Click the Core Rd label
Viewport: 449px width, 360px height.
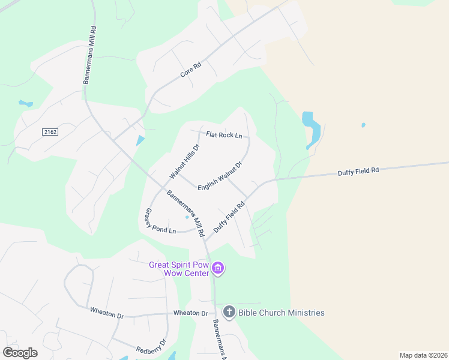[190, 71]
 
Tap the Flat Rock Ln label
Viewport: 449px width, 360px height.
[224, 135]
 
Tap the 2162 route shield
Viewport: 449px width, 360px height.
[50, 131]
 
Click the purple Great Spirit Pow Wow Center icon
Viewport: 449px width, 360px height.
[218, 268]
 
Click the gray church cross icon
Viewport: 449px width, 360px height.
[229, 312]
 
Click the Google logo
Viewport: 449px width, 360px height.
[20, 353]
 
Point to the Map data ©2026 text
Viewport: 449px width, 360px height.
[423, 355]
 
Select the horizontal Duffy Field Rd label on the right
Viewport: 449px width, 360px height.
[358, 170]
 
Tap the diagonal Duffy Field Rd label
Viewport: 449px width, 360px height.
[230, 217]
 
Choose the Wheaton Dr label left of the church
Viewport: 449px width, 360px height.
[190, 313]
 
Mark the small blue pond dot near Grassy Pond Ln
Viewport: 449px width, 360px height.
[187, 217]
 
